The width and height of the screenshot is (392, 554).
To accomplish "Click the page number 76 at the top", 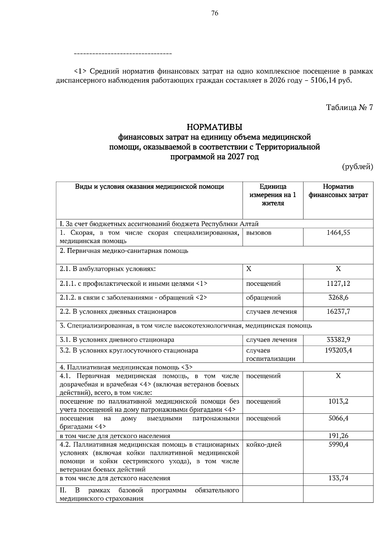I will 215,13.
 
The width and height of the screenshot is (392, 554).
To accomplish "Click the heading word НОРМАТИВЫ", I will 214,126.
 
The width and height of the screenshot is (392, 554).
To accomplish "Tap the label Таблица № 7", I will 349,107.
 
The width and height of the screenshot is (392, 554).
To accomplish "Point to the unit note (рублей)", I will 357,167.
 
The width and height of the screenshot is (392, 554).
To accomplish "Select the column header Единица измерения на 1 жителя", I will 273,195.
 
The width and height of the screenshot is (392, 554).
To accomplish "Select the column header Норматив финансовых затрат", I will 338,191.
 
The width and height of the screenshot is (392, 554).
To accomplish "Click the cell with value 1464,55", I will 338,233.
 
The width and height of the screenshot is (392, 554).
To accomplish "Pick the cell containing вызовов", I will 259,233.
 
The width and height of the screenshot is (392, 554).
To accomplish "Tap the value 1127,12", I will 338,284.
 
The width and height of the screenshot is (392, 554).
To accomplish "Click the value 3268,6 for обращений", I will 338,298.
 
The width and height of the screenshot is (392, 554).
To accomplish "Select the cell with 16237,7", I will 338,312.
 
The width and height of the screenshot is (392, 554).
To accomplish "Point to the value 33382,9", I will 338,340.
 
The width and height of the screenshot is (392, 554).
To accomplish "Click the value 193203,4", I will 338,351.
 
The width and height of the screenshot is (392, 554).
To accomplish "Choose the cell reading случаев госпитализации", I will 270,355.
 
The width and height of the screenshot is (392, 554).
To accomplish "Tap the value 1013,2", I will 338,402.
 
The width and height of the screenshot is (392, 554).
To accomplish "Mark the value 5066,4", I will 338,419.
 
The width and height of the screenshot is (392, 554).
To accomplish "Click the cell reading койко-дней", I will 264,445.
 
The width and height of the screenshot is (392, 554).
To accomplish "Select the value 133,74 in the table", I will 338,478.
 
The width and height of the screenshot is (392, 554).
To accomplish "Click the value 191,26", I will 338,436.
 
